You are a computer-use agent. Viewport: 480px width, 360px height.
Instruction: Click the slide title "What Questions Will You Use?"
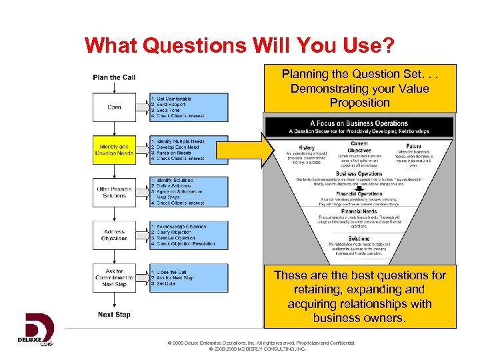tap(239, 45)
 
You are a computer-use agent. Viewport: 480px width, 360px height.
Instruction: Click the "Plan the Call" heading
tap(114, 77)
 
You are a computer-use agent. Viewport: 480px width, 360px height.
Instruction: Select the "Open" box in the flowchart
tap(114, 107)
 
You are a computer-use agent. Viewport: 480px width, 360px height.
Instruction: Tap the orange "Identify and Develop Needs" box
tap(114, 150)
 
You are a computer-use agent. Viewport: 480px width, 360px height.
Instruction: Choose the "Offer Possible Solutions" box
tap(114, 192)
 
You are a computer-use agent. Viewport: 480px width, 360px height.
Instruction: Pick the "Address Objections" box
tap(114, 235)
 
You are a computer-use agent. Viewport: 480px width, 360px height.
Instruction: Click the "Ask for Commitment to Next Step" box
tap(114, 278)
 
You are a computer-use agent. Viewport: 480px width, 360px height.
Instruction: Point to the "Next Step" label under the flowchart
tap(114, 315)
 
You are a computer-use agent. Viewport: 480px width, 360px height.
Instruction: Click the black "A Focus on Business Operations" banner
tap(359, 127)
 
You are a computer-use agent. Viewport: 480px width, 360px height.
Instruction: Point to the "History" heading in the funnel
tap(307, 147)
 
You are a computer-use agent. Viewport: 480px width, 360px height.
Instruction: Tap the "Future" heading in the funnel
tap(413, 146)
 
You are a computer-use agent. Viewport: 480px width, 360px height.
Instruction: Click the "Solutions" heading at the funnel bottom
tap(359, 238)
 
